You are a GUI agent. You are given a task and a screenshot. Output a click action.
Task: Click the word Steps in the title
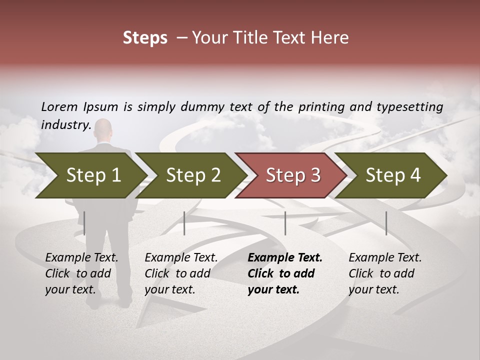(x=145, y=38)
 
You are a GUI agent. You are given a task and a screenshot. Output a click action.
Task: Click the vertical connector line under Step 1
(x=84, y=223)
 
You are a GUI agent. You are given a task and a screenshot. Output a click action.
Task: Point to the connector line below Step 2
(x=184, y=223)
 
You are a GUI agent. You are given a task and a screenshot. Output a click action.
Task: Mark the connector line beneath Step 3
(x=285, y=223)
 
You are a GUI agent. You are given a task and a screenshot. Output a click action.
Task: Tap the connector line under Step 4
(x=386, y=223)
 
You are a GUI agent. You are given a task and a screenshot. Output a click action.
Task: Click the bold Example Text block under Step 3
(x=284, y=273)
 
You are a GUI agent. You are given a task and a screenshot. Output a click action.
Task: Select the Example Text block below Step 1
(x=81, y=273)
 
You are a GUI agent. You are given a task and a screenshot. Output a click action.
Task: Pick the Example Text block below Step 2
(x=181, y=273)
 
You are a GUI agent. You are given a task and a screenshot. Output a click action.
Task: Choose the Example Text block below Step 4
(x=385, y=273)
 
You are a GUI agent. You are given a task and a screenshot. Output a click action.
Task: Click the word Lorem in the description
(x=59, y=106)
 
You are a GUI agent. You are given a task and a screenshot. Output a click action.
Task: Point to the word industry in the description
(x=65, y=124)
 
